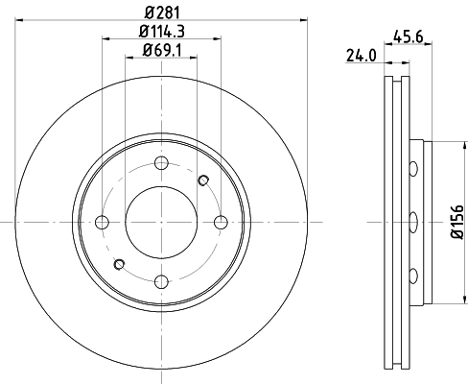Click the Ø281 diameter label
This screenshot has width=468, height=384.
(161, 12)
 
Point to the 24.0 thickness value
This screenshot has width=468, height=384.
(361, 56)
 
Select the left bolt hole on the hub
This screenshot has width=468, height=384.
(102, 223)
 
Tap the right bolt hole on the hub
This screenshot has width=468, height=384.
(221, 223)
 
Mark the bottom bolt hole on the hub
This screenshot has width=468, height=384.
(161, 281)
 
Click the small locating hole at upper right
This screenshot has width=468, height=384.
(202, 180)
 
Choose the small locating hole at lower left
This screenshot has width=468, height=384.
(119, 264)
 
